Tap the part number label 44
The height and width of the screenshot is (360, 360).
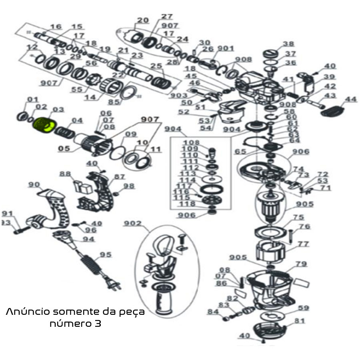coord(350,99)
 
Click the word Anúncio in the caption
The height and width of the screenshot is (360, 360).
coord(28,312)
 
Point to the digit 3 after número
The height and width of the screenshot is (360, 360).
coord(98,324)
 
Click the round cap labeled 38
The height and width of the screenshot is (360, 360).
coord(271,54)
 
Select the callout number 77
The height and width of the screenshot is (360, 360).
coord(303,244)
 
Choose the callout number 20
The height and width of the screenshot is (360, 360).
coord(143,20)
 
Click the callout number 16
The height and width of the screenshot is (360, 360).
coord(56,27)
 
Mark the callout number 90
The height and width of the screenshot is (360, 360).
coord(34,185)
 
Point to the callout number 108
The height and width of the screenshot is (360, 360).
coord(191,142)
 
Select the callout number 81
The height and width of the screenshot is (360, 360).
coord(300,321)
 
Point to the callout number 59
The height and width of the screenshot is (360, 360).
coord(304,308)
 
